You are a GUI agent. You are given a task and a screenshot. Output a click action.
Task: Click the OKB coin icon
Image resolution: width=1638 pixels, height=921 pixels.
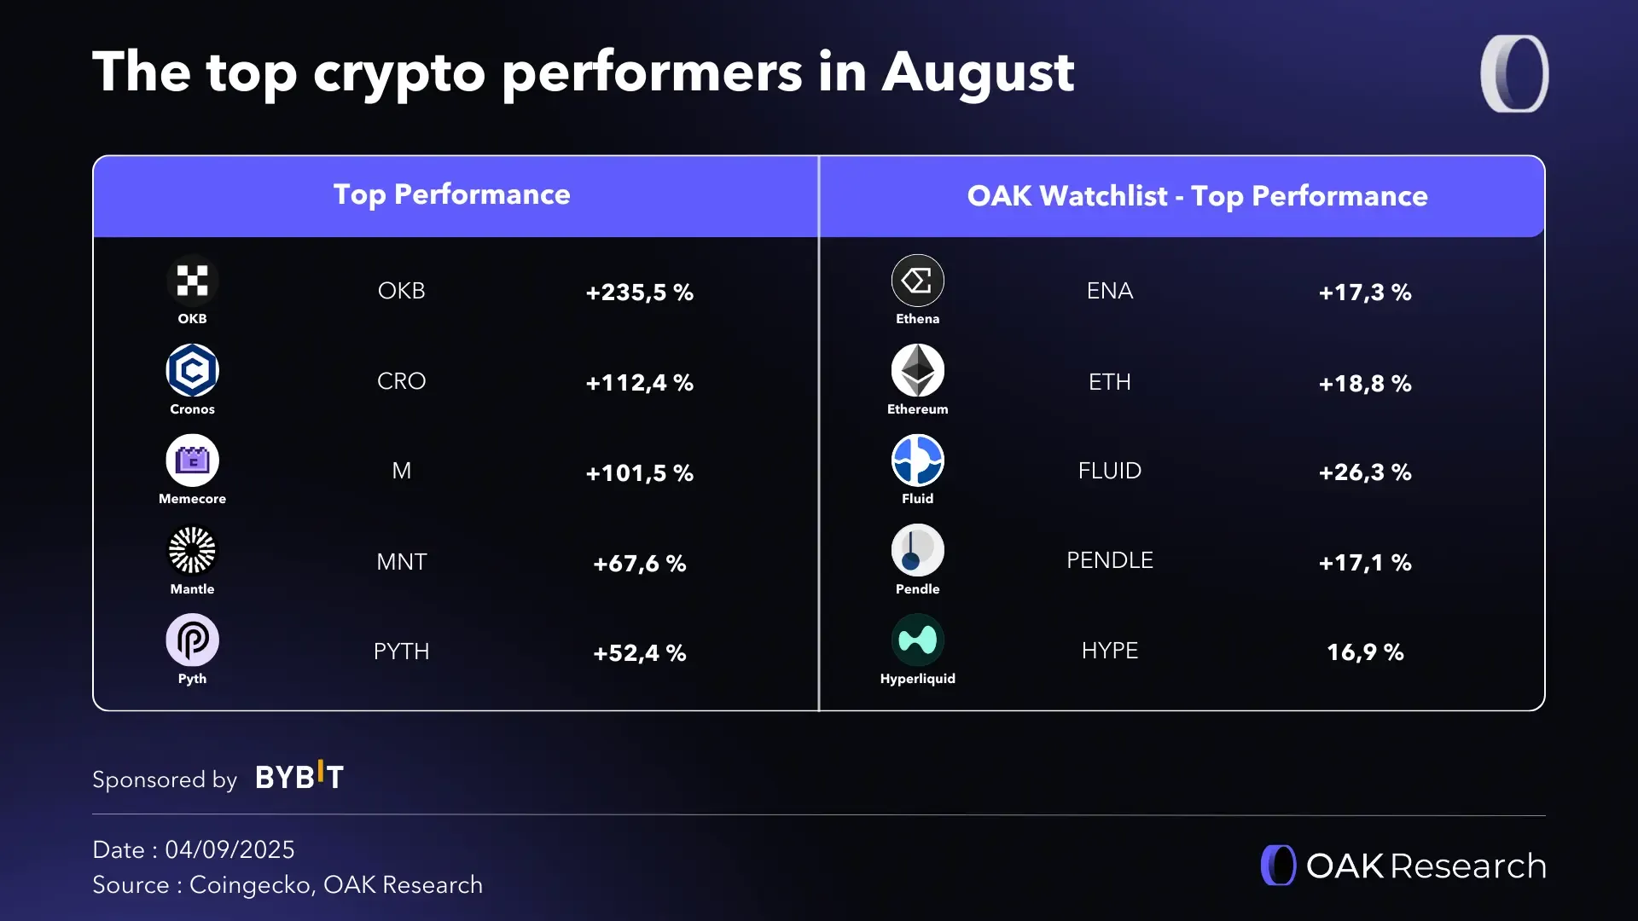192,281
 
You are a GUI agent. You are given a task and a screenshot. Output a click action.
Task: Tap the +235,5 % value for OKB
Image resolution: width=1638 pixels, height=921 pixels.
639,293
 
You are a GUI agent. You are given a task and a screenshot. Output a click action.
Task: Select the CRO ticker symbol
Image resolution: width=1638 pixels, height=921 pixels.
401,381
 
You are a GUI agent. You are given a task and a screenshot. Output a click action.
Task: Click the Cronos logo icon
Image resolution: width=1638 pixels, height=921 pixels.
192,371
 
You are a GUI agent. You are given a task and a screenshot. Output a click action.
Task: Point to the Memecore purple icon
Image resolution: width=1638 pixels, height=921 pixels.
192,460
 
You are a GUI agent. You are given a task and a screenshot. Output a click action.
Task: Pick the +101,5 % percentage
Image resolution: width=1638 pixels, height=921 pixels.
639,473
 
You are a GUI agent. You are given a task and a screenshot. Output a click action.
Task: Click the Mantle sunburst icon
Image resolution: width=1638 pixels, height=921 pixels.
192,551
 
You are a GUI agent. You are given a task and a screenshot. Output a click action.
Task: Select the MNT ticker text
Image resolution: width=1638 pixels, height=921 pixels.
401,562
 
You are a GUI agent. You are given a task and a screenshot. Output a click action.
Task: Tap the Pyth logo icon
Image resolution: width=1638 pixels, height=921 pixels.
192,640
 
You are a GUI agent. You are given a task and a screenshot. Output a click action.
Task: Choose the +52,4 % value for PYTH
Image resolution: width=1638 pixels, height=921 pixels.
639,653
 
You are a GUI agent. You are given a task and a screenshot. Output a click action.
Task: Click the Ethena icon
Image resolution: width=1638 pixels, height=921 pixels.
917,281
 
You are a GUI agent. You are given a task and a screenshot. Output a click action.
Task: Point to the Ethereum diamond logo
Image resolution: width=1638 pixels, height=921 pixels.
917,371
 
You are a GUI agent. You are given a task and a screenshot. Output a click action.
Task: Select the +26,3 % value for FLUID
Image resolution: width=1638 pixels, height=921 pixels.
1364,472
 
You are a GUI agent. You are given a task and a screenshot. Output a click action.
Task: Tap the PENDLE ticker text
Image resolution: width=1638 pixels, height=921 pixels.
1109,560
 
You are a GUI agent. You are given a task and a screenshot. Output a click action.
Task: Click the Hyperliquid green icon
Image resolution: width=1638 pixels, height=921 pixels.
917,640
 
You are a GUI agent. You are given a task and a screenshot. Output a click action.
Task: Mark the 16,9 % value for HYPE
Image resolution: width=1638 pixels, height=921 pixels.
1364,652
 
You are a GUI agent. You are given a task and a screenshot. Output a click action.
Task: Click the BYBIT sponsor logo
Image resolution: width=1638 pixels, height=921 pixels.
299,777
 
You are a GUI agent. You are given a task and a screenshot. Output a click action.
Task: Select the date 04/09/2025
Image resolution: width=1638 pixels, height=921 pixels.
229,849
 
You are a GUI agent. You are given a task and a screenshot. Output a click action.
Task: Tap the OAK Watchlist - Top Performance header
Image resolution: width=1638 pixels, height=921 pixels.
1197,196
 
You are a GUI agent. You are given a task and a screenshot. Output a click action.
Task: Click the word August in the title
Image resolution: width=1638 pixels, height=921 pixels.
978,72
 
